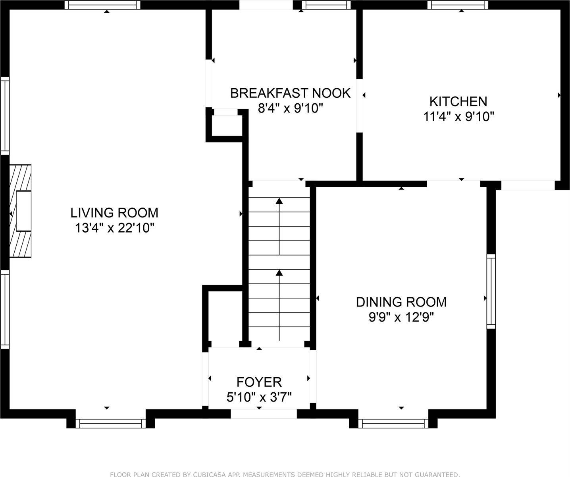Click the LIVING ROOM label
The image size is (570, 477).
[114, 213]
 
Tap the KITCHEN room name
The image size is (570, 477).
[458, 101]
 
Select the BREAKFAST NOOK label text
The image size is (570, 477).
[290, 93]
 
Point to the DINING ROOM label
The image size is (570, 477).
[401, 302]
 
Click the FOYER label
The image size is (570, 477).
[259, 382]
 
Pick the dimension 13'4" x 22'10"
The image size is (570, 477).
[114, 228]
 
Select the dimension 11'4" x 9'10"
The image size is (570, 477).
[458, 117]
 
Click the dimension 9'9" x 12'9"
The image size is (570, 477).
[401, 318]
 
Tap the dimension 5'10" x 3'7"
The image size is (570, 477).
[259, 397]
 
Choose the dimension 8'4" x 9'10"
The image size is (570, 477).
[290, 108]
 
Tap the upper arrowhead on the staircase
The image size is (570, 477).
[279, 201]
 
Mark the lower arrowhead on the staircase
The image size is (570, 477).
[279, 272]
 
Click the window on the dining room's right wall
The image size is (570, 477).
[491, 291]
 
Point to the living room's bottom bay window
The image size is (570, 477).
[111, 423]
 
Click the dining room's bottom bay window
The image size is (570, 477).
[393, 423]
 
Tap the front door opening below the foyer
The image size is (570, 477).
[264, 414]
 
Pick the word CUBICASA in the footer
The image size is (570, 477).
[208, 474]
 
